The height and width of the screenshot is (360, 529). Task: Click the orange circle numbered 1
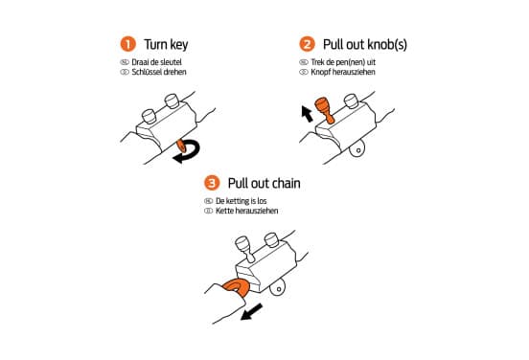127,44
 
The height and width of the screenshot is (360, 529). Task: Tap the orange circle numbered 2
307,44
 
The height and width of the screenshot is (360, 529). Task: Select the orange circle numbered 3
212,183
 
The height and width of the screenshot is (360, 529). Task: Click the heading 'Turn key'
166,44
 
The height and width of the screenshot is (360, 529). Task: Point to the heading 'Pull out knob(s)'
365,44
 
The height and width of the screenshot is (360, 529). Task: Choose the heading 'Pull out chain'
264,184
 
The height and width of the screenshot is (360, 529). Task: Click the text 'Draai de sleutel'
156,62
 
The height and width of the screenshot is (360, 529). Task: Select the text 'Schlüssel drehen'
159,72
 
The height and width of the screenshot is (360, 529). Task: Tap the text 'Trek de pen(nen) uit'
343,62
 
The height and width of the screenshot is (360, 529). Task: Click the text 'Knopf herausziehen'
343,72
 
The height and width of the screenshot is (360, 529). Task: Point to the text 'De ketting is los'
241,201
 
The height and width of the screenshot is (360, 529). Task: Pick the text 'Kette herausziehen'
247,211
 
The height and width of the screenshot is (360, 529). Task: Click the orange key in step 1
181,146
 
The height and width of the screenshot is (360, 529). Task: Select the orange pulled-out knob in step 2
324,109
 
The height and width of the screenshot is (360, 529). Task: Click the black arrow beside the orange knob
307,114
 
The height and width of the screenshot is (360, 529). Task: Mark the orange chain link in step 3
237,288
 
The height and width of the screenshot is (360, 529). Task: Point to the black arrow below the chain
251,312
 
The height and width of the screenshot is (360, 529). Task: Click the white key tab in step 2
358,150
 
